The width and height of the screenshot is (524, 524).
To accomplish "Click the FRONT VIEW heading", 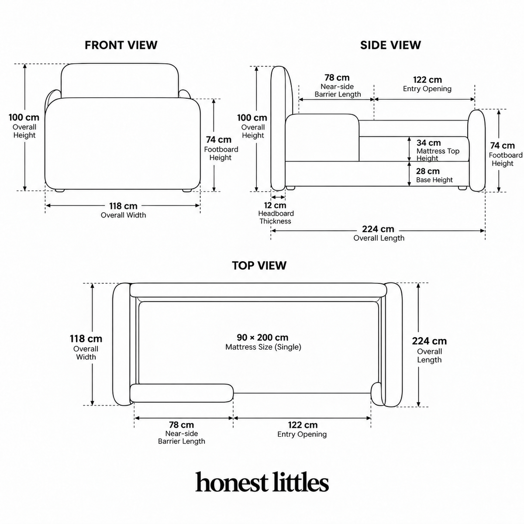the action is (x=121, y=45).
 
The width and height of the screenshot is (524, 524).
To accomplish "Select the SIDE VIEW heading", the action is (x=390, y=45).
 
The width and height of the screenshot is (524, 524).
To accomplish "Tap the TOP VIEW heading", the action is (x=259, y=265).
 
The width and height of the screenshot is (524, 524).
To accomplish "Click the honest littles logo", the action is (x=262, y=482).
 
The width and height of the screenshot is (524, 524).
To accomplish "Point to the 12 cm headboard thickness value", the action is (x=275, y=205).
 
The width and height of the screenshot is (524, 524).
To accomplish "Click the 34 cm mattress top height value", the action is (x=428, y=143).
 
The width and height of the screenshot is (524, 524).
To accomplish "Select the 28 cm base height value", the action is (x=428, y=171).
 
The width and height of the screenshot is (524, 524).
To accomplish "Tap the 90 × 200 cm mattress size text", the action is (x=262, y=338).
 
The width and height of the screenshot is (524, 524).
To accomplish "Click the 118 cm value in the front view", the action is (x=123, y=206).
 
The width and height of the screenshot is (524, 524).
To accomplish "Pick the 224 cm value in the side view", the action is (x=378, y=229).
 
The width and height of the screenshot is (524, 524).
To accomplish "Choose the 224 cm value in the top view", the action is (x=429, y=341).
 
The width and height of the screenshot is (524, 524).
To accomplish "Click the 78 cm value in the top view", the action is (x=181, y=425).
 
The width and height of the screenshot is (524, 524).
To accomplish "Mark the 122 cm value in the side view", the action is (x=427, y=79).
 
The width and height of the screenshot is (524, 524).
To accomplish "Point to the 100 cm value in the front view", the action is (x=24, y=117).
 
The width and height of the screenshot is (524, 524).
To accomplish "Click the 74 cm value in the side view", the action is (x=503, y=146).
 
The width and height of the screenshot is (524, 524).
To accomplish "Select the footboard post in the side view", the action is (x=476, y=151).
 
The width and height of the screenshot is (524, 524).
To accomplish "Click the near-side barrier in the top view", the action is (x=182, y=393).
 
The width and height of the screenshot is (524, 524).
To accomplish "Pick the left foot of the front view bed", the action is (x=59, y=190).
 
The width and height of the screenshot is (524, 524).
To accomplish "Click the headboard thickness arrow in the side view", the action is (x=278, y=197).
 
